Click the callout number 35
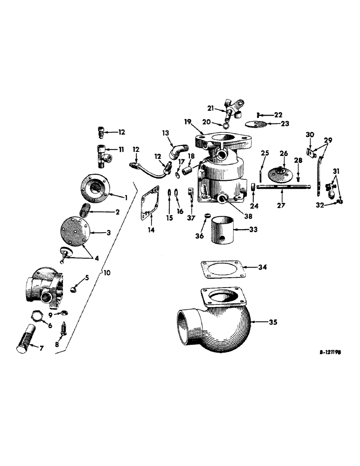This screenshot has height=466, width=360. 272,322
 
